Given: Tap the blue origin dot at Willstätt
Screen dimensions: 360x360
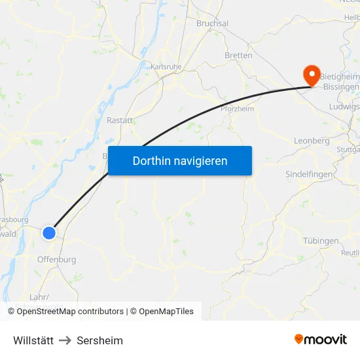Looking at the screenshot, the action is coord(49,232).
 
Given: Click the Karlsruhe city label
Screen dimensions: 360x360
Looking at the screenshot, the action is coord(166,66).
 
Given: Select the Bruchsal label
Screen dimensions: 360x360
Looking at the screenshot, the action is coord(212,23).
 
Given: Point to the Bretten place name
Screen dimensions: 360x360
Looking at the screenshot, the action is coord(238,56).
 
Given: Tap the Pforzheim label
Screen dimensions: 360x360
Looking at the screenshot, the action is coord(237,109).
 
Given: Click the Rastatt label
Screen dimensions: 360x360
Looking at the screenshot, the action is coord(120,120).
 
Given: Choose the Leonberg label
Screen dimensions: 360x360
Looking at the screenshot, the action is coord(312,141).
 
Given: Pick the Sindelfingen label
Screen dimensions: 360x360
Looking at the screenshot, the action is coord(309,175).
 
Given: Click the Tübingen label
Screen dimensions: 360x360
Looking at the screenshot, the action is coord(321,241).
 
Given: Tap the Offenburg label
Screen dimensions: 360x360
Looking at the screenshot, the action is coord(56,259).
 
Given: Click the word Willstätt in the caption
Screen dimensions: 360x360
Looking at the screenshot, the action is coord(33,340).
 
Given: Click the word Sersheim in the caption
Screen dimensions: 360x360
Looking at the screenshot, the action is coord(99,340).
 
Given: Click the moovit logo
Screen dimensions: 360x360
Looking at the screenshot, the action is coord(321,339).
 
